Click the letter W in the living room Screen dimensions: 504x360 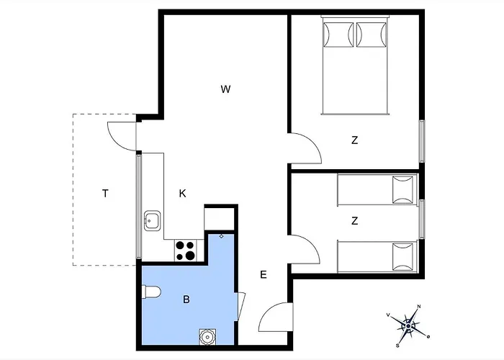click(x=225, y=89)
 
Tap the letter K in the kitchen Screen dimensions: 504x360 click(x=182, y=194)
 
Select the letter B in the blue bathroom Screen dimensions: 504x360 click(x=186, y=300)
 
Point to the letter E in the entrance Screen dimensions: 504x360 click(x=264, y=275)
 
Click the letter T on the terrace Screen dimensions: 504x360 click(x=105, y=194)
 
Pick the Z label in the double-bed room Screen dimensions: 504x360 click(x=354, y=140)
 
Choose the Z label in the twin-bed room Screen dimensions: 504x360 click(x=354, y=221)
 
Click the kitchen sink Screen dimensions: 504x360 click(x=152, y=220)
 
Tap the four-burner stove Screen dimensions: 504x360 click(x=186, y=251)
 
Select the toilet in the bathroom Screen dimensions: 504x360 click(x=151, y=292)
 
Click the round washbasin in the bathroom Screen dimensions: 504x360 click(x=207, y=337)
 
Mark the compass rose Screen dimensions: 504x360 click(x=408, y=326)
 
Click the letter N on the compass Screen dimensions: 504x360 click(x=419, y=306)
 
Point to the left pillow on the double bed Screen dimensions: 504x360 click(x=338, y=35)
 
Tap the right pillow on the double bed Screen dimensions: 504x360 click(x=372, y=35)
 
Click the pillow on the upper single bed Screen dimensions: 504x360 click(x=402, y=189)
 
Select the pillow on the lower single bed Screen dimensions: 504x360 click(x=402, y=257)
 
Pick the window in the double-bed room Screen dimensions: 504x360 click(x=422, y=141)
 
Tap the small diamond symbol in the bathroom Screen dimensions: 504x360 click(x=221, y=236)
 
